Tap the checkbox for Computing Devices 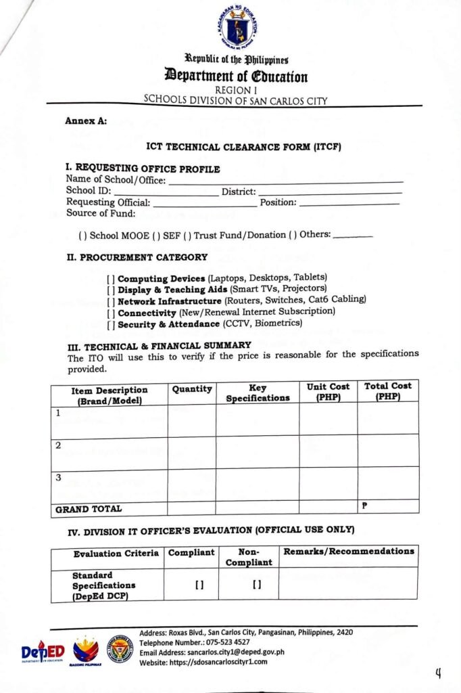pyautogui.click(x=111, y=279)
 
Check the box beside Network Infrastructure pyautogui.click(x=111, y=300)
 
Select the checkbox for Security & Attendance pyautogui.click(x=111, y=324)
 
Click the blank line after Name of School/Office pyautogui.click(x=285, y=181)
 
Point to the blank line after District pyautogui.click(x=330, y=192)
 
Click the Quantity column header pyautogui.click(x=192, y=389)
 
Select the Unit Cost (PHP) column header pyautogui.click(x=328, y=392)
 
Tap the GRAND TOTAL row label pyautogui.click(x=79, y=508)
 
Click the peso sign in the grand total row pyautogui.click(x=364, y=506)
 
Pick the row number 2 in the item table pyautogui.click(x=58, y=445)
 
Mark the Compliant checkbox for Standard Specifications pyautogui.click(x=190, y=585)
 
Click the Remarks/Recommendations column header pyautogui.click(x=348, y=552)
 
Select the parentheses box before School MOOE pyautogui.click(x=82, y=235)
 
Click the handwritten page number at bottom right pyautogui.click(x=438, y=672)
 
